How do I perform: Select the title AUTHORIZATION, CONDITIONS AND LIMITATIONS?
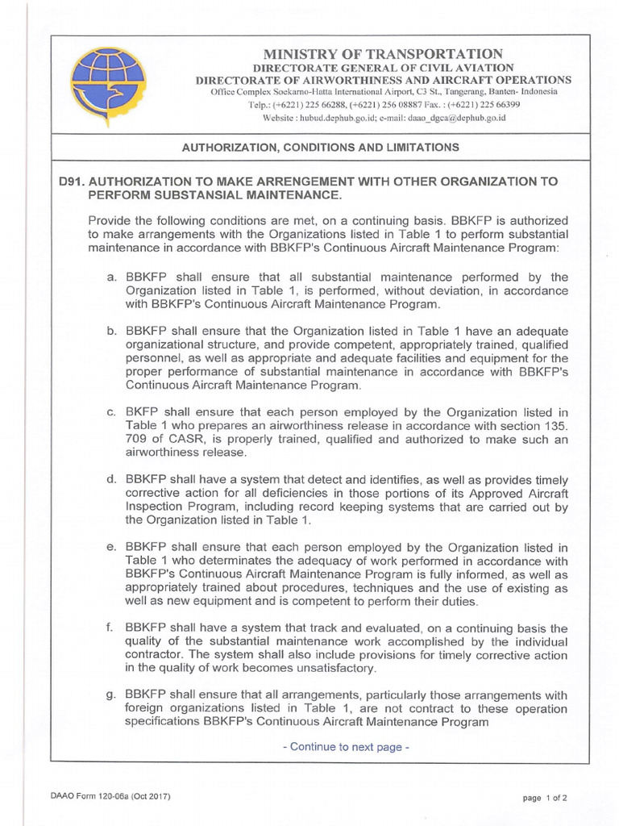pyautogui.click(x=321, y=148)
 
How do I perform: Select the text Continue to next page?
pyautogui.click(x=347, y=747)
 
